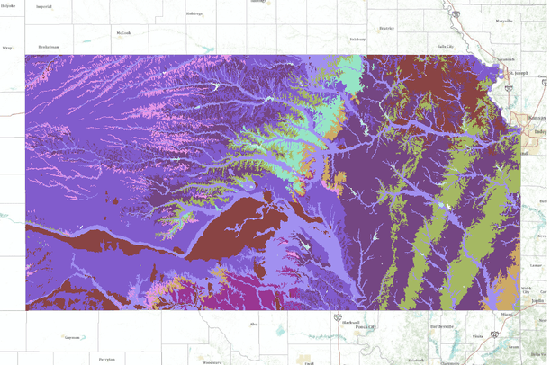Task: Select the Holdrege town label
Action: (x=194, y=13)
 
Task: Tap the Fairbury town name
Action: (x=357, y=40)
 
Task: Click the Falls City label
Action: (x=442, y=47)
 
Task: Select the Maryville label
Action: (x=502, y=20)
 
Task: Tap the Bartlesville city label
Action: (x=441, y=325)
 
